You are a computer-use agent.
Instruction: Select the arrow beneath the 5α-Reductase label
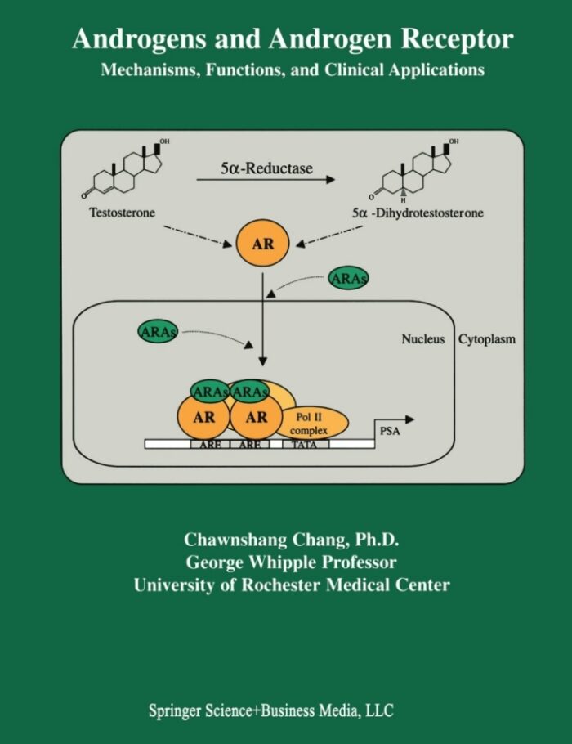tap(266, 181)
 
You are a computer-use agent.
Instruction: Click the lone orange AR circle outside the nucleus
tap(262, 244)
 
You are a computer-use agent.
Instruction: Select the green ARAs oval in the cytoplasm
tap(348, 279)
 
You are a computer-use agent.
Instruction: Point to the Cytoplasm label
tap(487, 338)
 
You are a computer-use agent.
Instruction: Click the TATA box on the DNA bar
tap(306, 444)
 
